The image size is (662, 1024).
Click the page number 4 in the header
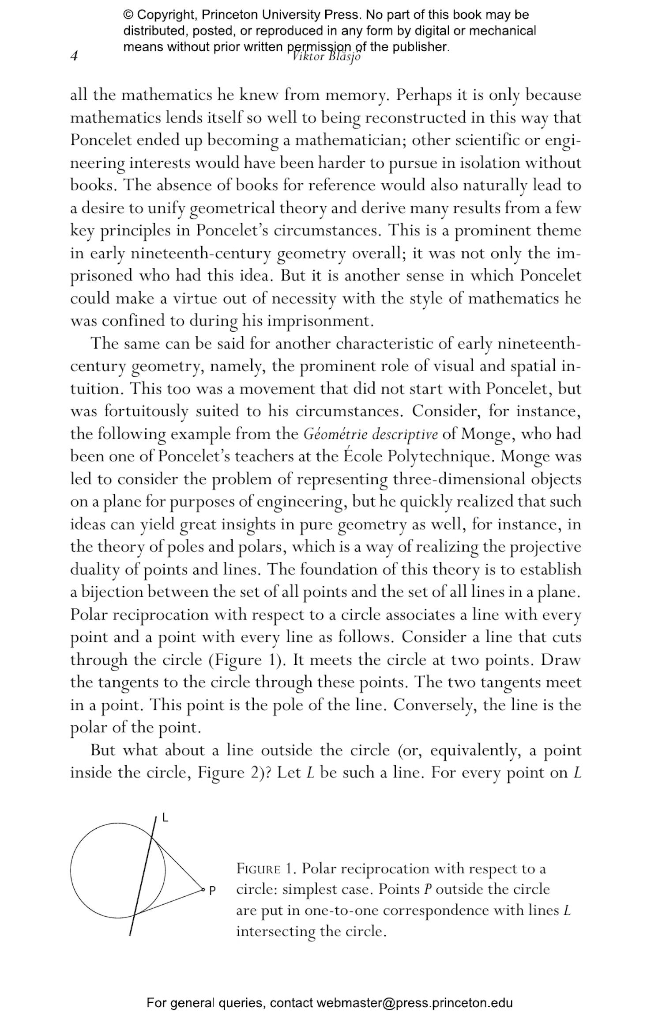74,57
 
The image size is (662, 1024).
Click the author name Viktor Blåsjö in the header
327,57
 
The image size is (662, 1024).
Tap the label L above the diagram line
165,818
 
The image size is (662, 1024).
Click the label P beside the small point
212,891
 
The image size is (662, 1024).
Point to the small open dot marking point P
203,889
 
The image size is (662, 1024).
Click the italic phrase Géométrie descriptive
371,434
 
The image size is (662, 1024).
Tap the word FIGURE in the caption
259,869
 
